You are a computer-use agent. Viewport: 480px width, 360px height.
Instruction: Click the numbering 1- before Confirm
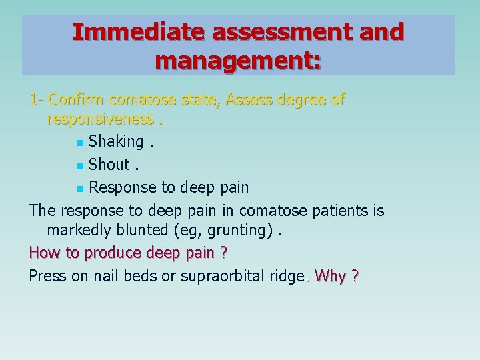pos(36,101)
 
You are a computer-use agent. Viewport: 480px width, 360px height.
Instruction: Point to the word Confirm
pos(77,101)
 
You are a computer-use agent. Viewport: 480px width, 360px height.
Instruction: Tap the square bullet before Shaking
pos(80,143)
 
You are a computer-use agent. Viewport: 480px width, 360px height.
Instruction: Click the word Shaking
pos(116,142)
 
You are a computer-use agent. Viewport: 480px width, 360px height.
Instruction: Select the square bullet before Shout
pos(80,165)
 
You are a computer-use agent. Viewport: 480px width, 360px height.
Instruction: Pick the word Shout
pos(109,165)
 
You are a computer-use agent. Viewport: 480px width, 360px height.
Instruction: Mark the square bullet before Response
pos(80,188)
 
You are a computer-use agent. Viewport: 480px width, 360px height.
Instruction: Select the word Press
pos(47,276)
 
